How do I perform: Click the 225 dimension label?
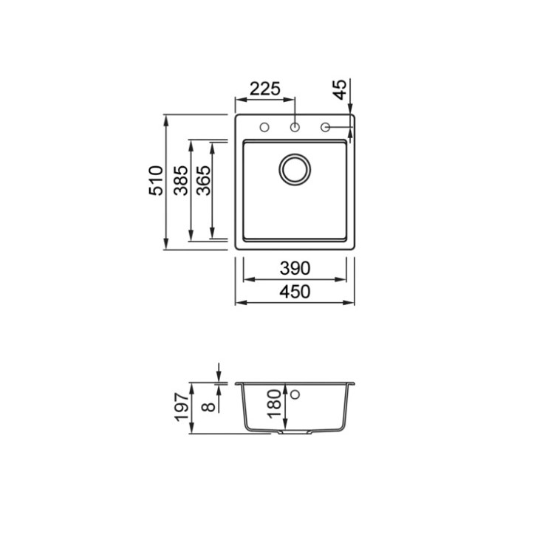pos(265,89)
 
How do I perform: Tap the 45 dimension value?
pos(340,89)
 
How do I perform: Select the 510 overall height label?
pos(156,180)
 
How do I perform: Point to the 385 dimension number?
pos(181,180)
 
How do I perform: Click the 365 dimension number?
pos(204,180)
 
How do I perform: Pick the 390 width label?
pos(295,268)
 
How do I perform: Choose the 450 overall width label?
pos(295,292)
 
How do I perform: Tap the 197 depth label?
pos(182,407)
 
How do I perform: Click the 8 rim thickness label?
pos(208,407)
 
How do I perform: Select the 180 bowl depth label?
pos(275,404)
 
